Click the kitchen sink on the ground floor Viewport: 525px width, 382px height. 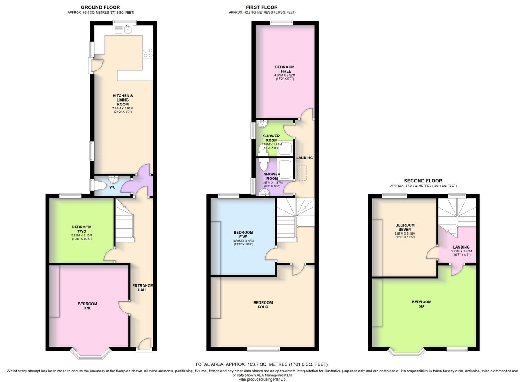click(x=123, y=30)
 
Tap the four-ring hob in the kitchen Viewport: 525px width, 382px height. click(x=148, y=53)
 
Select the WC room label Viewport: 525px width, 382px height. click(x=112, y=187)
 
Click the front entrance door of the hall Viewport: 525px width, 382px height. click(x=144, y=344)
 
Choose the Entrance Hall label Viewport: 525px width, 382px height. click(x=143, y=288)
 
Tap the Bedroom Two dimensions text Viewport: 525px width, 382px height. click(x=81, y=237)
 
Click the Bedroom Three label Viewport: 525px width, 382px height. click(x=285, y=69)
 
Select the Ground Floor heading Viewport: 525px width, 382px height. click(x=101, y=7)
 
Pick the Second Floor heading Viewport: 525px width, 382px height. click(x=423, y=181)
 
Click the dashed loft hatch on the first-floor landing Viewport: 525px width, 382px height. click(x=302, y=173)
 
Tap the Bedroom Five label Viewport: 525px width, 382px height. click(x=243, y=235)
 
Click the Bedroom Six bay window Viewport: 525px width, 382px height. click(x=406, y=353)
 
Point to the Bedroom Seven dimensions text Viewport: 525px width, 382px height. click(x=405, y=235)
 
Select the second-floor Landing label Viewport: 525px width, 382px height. click(x=461, y=247)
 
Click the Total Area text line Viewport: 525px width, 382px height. click(x=262, y=364)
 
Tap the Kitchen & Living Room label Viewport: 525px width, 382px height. click(x=123, y=100)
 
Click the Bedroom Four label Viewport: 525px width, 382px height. click(x=263, y=305)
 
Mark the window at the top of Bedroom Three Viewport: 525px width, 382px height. click(x=281, y=22)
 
